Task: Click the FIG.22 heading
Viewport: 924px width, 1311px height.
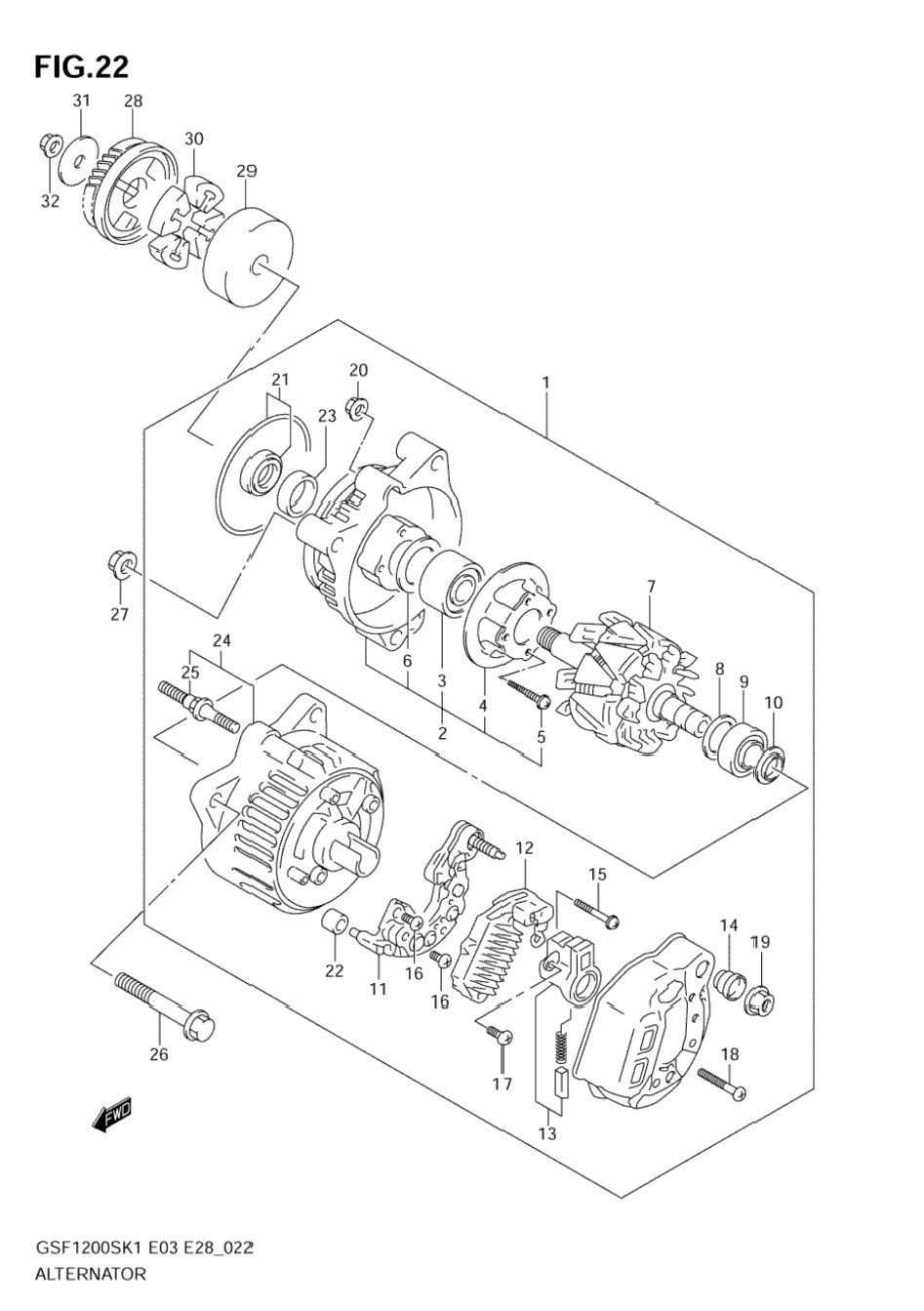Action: point(81,68)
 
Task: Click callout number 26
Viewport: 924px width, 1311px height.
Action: point(158,1054)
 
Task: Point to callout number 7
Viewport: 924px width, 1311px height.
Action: point(651,586)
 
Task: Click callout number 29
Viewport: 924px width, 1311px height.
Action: point(246,171)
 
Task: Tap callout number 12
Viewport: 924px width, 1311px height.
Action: point(525,847)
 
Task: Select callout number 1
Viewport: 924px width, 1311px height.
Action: point(545,383)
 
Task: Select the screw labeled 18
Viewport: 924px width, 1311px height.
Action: point(722,1083)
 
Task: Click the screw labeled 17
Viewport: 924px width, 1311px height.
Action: point(500,1036)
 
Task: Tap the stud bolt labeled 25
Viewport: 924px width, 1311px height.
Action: point(199,708)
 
